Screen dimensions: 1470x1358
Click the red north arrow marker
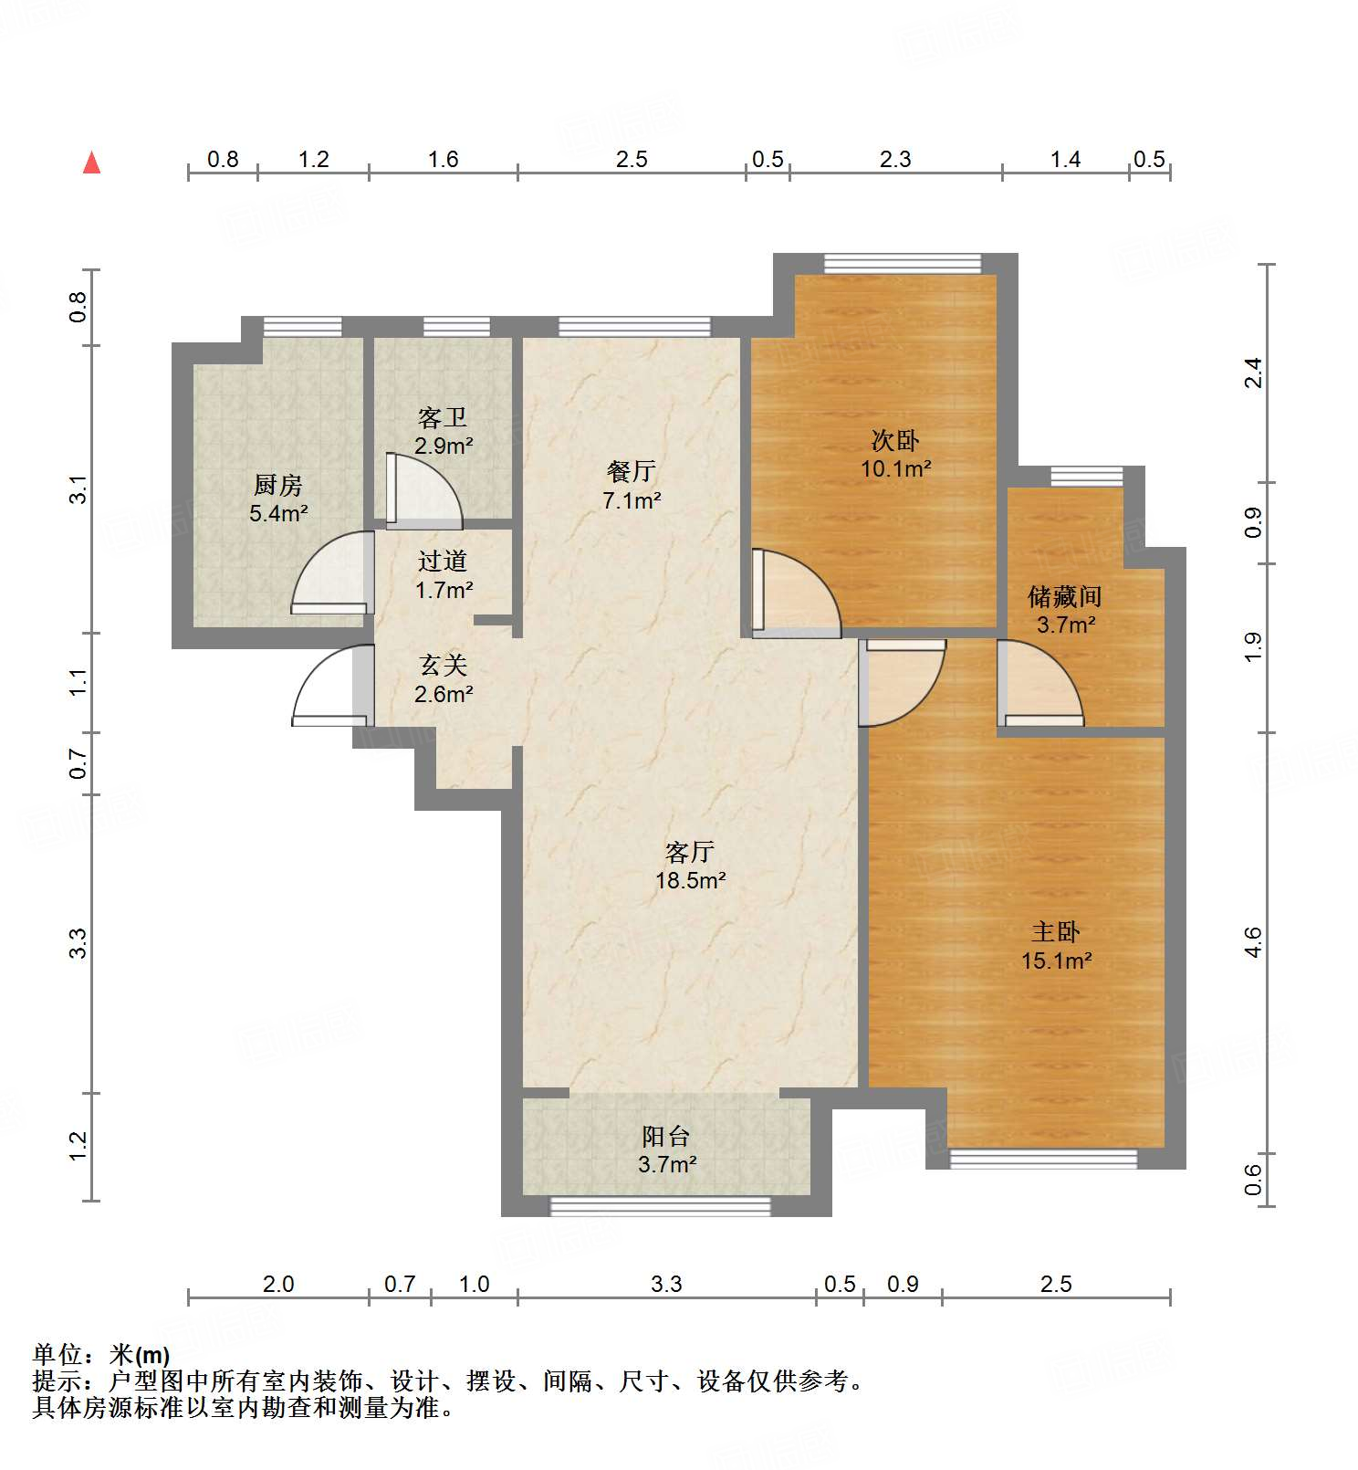(91, 163)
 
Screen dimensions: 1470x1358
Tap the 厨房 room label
(278, 499)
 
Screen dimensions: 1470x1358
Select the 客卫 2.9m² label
(444, 432)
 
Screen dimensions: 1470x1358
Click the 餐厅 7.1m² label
(632, 486)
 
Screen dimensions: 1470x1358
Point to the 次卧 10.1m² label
(895, 455)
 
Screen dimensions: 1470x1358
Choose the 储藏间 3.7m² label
(1065, 611)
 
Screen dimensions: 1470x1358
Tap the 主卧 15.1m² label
(1056, 946)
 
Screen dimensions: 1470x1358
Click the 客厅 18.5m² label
(690, 866)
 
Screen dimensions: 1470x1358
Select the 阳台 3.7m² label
(666, 1150)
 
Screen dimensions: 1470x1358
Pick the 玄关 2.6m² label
(444, 680)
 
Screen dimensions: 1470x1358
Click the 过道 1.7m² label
(444, 575)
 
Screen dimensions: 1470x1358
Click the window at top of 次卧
(902, 264)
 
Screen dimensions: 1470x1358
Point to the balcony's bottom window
(660, 1206)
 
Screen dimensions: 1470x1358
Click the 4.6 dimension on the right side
(1254, 941)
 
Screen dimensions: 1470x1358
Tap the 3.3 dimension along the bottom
(666, 1284)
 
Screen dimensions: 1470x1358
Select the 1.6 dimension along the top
(444, 159)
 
